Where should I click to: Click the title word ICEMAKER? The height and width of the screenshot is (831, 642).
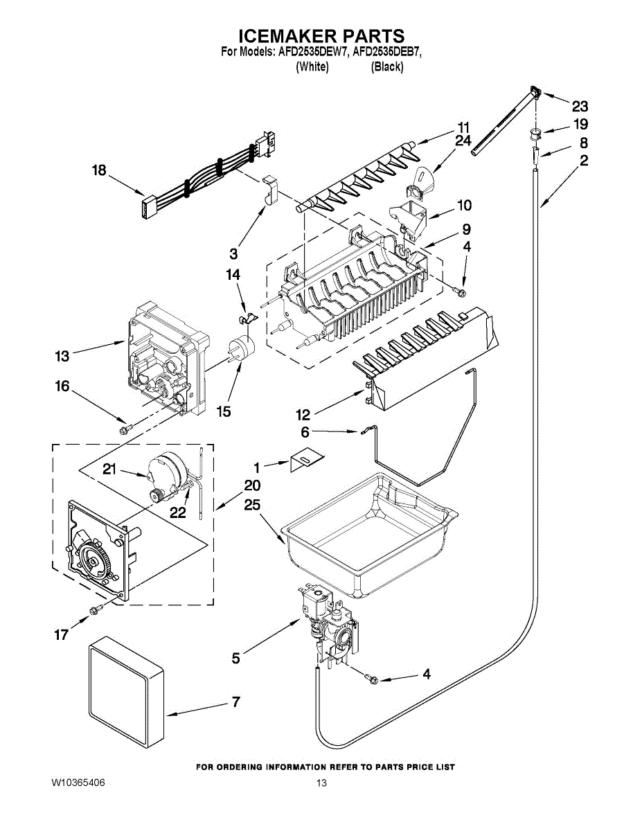281,36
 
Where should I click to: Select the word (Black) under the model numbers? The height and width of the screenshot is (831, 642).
386,66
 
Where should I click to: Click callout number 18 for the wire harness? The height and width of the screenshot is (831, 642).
100,170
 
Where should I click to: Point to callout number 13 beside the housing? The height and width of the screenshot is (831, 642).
62,356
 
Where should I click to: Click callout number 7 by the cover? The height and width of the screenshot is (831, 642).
235,702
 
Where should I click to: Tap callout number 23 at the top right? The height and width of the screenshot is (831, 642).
580,106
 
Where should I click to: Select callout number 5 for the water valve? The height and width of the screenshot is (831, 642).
236,658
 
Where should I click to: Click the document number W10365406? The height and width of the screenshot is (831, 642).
78,783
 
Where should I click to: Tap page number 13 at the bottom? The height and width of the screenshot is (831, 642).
321,783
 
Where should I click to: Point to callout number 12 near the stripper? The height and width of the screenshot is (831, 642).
303,415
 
